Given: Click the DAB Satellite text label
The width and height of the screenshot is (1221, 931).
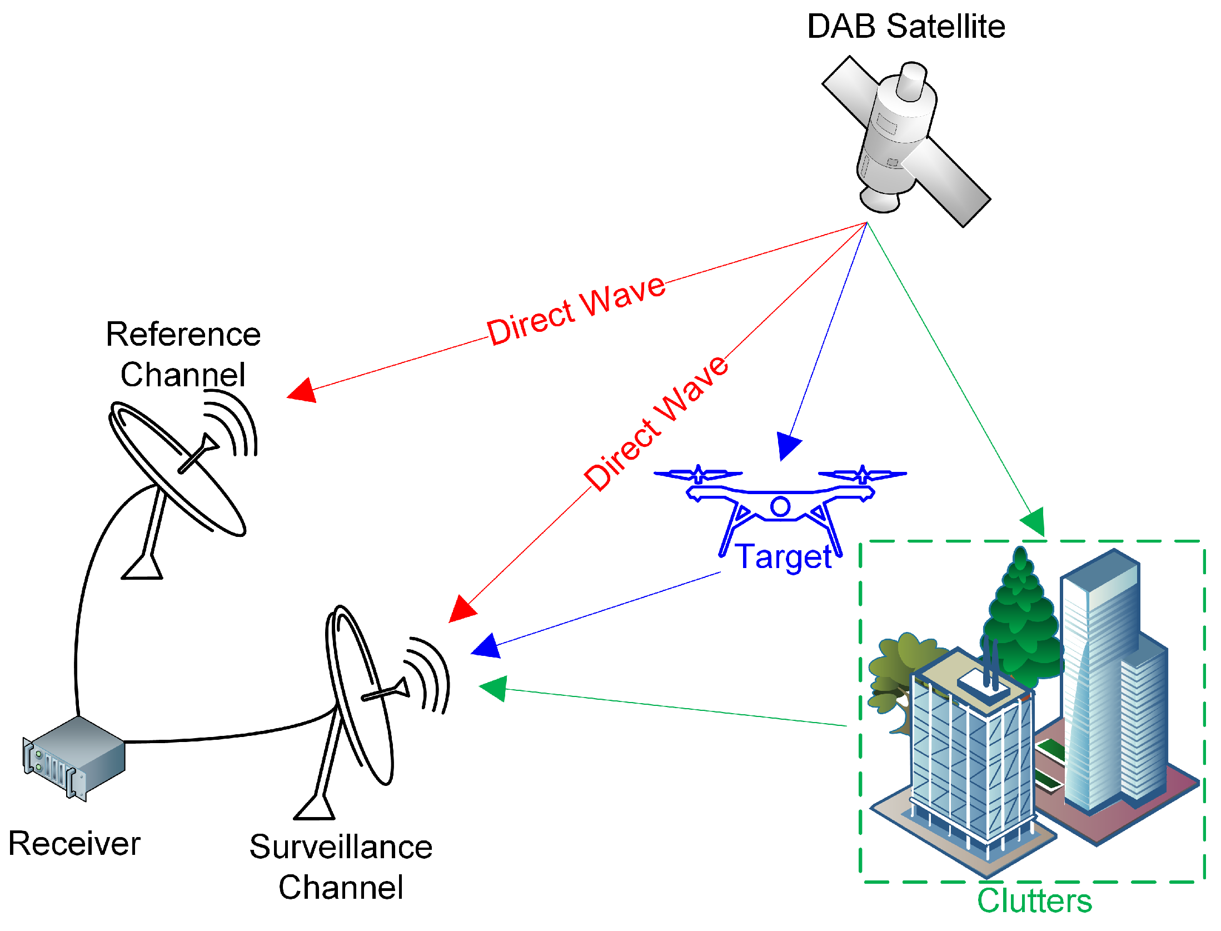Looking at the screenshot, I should pos(905,26).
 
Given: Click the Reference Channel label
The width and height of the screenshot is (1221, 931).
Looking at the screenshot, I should pos(183,354).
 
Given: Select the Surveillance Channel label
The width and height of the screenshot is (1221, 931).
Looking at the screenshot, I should pos(341,867).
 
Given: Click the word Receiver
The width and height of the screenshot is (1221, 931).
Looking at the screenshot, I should pos(74,844).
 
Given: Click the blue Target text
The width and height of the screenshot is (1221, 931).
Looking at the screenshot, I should pos(783,556).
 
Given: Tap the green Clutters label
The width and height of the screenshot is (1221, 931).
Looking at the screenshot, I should pos(1034,901).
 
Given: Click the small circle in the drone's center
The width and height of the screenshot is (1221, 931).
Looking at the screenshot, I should pos(780,506).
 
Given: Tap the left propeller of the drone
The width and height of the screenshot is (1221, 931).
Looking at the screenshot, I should pos(698,475).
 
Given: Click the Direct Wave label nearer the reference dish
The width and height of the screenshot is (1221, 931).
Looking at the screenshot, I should pos(576,311).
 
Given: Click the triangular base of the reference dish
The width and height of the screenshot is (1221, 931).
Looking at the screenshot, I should pos(142,569).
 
